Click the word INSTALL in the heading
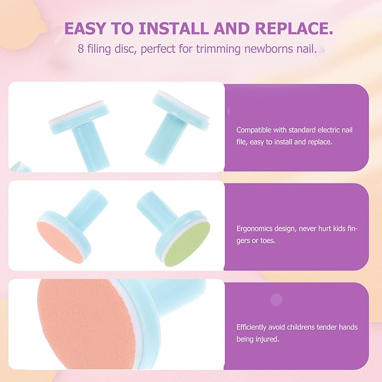(x=174, y=28)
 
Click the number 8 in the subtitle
(x=80, y=49)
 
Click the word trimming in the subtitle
(x=218, y=49)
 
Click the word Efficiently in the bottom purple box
(x=250, y=327)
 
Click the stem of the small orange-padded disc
(x=87, y=204)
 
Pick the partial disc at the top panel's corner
(x=20, y=167)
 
